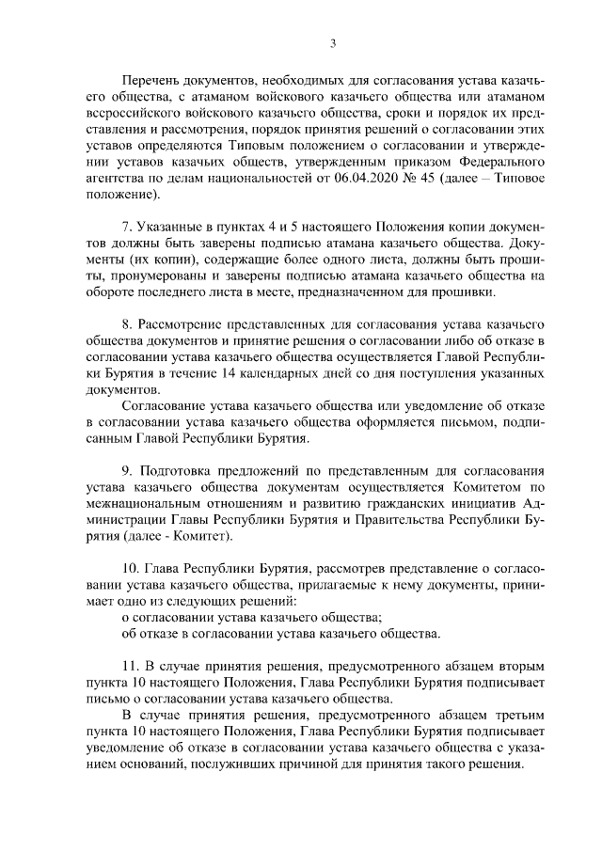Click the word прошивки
tap(466, 292)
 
